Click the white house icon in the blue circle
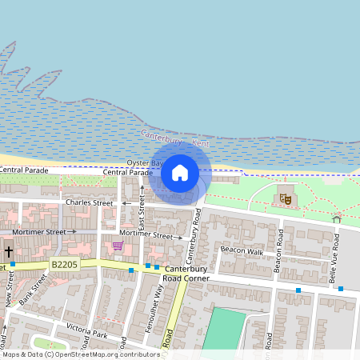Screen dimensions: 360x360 [x=180, y=173]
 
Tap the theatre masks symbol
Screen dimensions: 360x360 [x=284, y=198]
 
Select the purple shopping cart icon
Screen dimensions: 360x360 [x=118, y=246]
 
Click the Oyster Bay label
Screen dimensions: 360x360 [x=144, y=162]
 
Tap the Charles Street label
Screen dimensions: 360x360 [x=89, y=203]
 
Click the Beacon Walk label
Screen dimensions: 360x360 [x=242, y=250]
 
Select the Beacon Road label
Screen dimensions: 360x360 [x=278, y=250]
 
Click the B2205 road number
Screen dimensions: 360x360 [x=65, y=263]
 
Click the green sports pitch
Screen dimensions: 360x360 [x=224, y=329]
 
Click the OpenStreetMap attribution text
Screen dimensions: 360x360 [x=80, y=354]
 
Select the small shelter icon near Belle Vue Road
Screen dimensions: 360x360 [x=336, y=218]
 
